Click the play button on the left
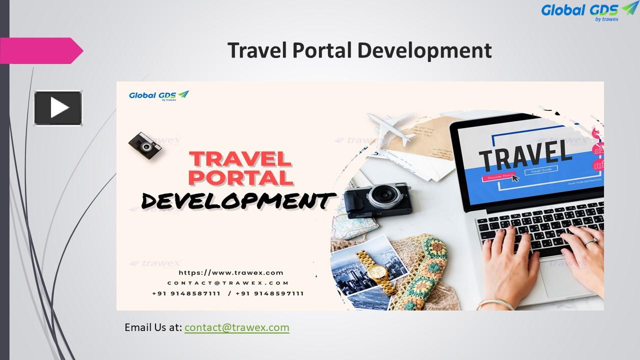tap(58, 107)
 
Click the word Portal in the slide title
tap(321, 51)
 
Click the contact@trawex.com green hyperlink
tap(236, 327)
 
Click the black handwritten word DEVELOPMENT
tap(235, 201)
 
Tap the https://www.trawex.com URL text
tap(231, 272)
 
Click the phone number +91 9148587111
tap(186, 293)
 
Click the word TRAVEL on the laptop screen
tap(525, 153)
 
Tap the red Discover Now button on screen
tap(497, 176)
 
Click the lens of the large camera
tap(384, 194)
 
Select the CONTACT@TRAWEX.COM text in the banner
tap(228, 283)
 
